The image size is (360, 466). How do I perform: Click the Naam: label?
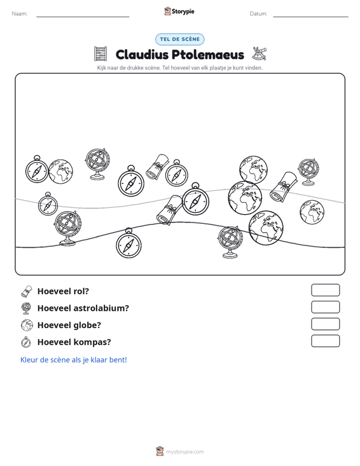tap(20, 14)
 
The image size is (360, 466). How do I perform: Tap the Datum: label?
tap(258, 14)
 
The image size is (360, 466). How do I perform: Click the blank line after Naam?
tap(83, 17)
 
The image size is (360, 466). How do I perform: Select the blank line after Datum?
tap(310, 17)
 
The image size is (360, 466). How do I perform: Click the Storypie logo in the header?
tap(179, 11)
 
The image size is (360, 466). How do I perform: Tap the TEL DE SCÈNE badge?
tap(180, 39)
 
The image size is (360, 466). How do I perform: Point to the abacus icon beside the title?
tap(100, 54)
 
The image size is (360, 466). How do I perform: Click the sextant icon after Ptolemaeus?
tap(260, 53)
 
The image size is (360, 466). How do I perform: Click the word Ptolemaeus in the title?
tap(208, 55)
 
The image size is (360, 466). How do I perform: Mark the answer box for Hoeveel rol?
tap(326, 290)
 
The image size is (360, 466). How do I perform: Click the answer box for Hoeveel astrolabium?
tap(326, 307)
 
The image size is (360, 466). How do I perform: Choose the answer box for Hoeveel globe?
tap(326, 324)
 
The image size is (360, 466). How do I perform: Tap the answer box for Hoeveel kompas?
tap(326, 341)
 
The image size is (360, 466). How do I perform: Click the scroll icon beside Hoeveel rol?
tap(27, 291)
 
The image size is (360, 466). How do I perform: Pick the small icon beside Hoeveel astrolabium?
tap(26, 308)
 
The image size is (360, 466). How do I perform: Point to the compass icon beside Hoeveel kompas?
tap(26, 342)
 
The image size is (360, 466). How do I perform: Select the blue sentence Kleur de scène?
tap(73, 360)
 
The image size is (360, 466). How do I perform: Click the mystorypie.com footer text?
tap(185, 452)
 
